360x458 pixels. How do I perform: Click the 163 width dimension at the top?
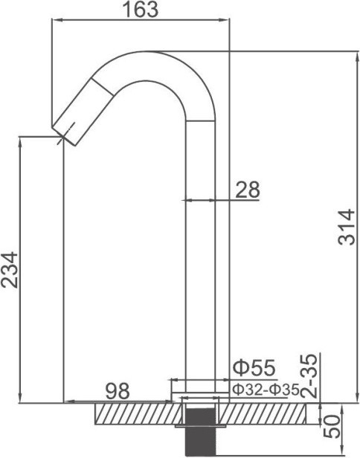(141, 9)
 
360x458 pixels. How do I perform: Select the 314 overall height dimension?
(347, 227)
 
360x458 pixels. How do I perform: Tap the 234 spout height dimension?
(10, 270)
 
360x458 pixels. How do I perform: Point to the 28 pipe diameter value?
(247, 190)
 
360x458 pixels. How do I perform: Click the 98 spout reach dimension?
(118, 391)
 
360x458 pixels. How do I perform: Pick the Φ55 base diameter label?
(254, 368)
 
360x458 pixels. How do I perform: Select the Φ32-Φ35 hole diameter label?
(266, 390)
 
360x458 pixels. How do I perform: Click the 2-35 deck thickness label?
(308, 376)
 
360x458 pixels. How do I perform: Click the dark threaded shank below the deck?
(200, 432)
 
